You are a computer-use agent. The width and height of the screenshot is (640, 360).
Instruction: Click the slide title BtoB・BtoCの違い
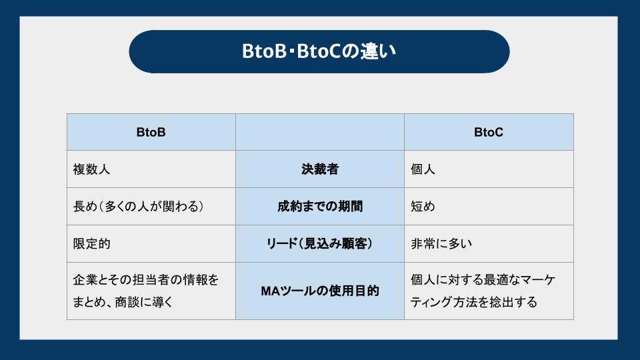tap(319, 52)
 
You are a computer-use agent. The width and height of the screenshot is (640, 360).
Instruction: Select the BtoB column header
tap(151, 132)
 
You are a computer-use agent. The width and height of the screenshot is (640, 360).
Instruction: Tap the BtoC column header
tap(488, 132)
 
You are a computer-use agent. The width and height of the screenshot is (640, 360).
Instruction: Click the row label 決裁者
tap(319, 169)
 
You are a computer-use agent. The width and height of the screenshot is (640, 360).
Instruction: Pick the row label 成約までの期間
tap(319, 207)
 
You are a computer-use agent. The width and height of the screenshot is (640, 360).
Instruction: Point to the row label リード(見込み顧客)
tap(319, 244)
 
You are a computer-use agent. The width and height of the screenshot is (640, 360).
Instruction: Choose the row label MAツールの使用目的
tap(319, 291)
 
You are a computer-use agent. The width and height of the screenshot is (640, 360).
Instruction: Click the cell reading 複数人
tap(91, 169)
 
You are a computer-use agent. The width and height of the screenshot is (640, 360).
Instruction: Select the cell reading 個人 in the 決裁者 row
tap(423, 169)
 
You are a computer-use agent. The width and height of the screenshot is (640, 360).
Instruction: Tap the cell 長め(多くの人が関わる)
tap(138, 207)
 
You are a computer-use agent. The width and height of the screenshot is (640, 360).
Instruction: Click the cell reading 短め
tap(423, 207)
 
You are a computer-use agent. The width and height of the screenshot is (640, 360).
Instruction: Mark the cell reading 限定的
tap(91, 244)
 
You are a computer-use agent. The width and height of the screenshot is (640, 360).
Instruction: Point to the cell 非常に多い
tap(441, 244)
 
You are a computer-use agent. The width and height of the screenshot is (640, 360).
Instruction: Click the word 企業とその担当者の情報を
tap(145, 280)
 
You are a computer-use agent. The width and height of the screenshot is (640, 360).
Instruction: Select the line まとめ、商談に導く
tap(123, 302)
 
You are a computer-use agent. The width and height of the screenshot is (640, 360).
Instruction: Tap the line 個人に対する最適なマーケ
tap(483, 280)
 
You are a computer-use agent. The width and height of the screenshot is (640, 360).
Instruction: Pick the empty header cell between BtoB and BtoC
tap(319, 132)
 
